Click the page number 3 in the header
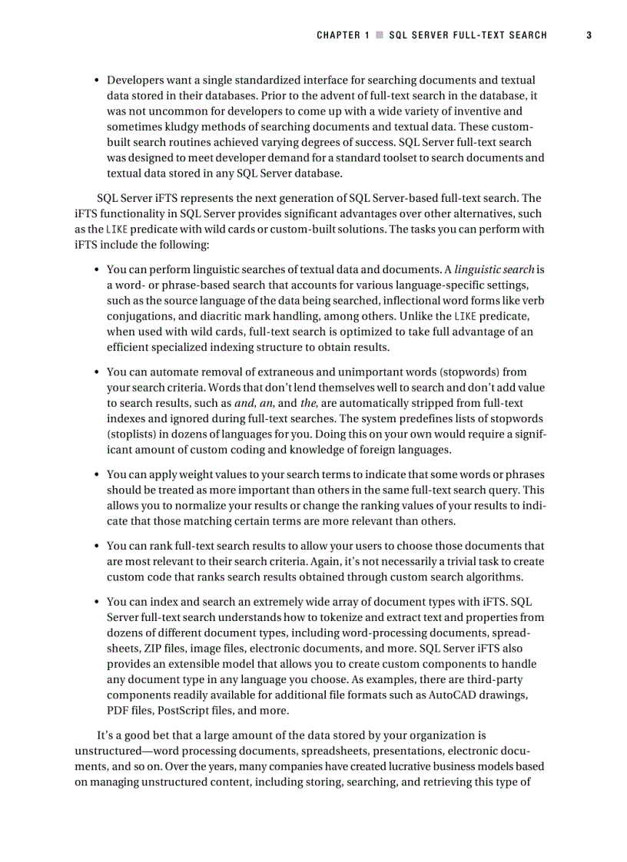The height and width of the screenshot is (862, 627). coord(589,35)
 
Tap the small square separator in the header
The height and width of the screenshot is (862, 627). coord(379,35)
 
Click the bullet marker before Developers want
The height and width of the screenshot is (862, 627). coord(97,81)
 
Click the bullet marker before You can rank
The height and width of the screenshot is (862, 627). coord(97,547)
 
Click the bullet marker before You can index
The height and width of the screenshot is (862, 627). coord(97,602)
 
